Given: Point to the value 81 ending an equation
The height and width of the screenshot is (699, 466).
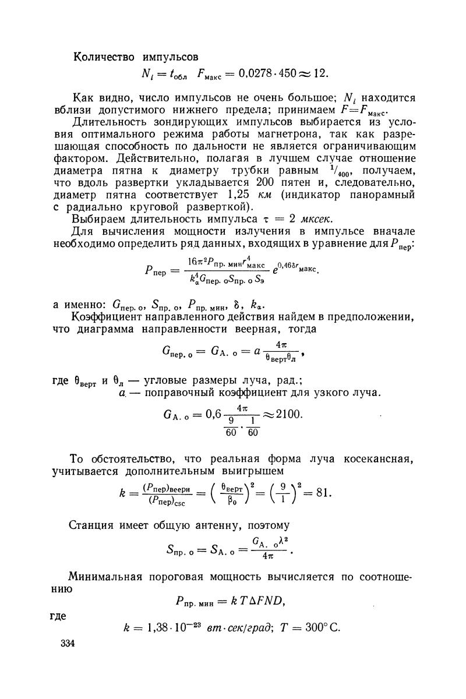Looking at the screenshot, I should [x=321, y=493].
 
